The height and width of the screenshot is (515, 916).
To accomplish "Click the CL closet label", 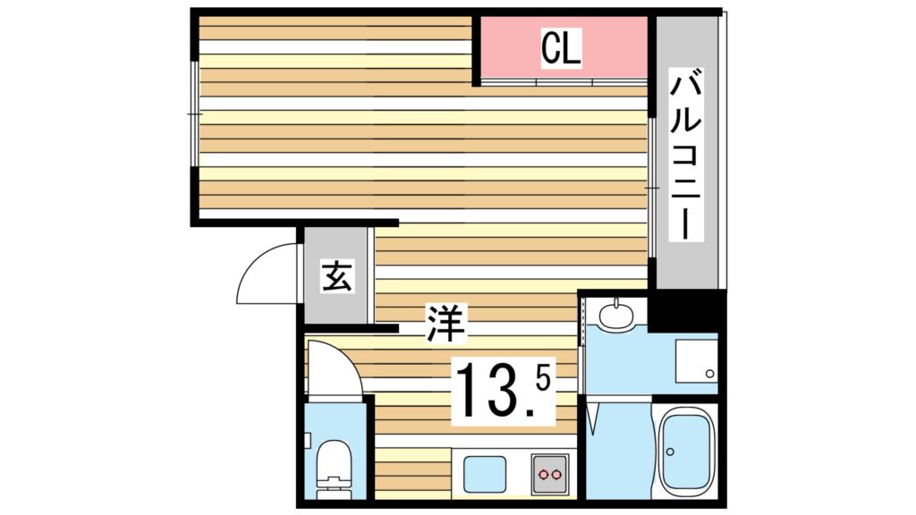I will tap(561, 48).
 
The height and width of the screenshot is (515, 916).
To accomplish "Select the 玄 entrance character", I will tap(336, 277).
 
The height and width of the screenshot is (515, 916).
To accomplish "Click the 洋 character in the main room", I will tap(445, 323).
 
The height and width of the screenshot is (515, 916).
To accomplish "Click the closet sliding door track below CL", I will tap(564, 82).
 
